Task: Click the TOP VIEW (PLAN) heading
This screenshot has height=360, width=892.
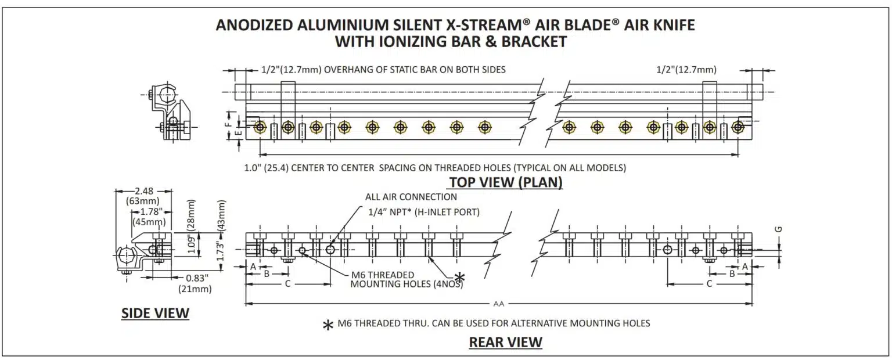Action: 505,182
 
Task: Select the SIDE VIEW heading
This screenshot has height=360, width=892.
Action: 155,314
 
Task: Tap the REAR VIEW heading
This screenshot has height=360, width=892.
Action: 505,342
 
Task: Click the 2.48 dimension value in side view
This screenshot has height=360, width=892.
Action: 144,191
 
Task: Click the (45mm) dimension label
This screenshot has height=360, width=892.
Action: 148,221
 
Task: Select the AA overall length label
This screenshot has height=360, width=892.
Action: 498,304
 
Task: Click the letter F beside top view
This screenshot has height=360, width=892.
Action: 229,123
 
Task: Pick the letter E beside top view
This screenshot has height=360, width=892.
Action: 239,133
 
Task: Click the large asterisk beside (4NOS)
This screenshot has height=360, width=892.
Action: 459,278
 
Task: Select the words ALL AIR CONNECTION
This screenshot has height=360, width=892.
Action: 411,197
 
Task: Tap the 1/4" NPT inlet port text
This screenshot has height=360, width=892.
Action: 424,212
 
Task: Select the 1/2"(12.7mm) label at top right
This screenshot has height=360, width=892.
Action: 686,70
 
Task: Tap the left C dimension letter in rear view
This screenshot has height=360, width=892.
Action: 287,283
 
